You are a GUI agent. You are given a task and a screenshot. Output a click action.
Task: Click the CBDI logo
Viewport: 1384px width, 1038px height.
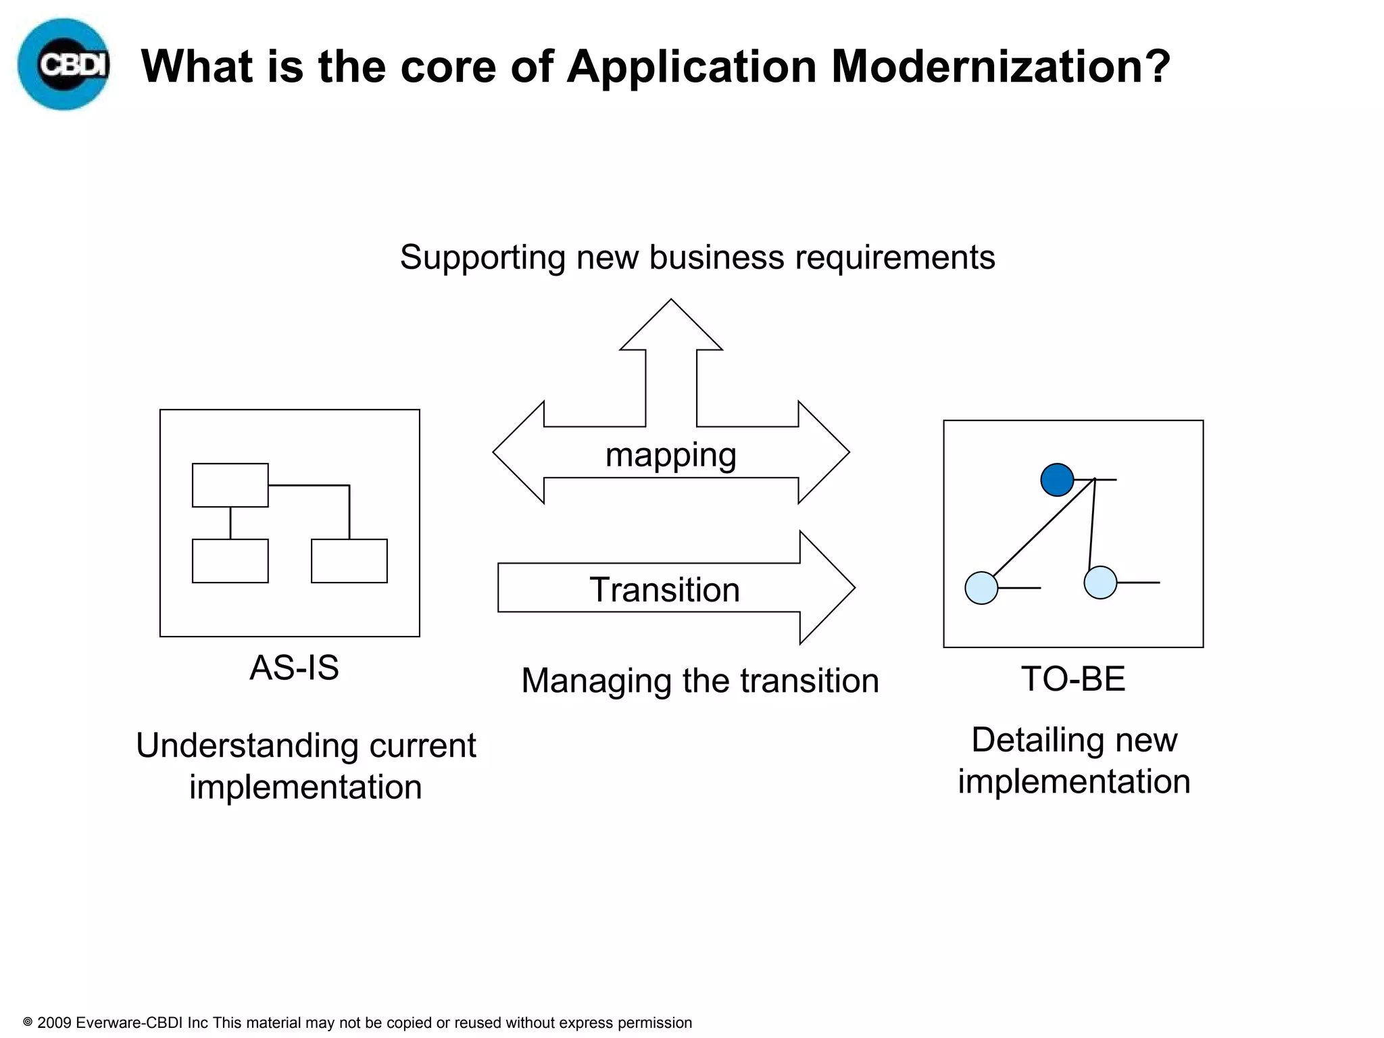tap(64, 65)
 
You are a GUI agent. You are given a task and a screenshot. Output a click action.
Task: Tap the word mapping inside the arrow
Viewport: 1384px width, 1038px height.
tap(670, 454)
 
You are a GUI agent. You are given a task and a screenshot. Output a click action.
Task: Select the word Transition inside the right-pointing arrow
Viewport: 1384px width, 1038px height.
tap(664, 589)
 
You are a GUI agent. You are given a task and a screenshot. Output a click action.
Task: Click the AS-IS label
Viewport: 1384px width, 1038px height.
tap(294, 668)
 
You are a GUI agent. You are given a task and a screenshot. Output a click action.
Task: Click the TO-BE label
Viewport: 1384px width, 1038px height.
tap(1073, 678)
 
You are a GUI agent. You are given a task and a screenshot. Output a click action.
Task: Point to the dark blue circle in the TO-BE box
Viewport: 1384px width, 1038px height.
tap(1057, 480)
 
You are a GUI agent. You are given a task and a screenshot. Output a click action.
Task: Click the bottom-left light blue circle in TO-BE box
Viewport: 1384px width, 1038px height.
tap(981, 588)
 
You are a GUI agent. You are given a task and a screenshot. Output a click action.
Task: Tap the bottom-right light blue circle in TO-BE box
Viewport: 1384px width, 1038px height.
tap(1100, 583)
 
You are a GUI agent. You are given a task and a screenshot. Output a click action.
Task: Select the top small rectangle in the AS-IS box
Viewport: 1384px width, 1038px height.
tap(230, 485)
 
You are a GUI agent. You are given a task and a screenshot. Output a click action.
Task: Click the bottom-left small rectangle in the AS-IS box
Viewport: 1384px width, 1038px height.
tap(230, 561)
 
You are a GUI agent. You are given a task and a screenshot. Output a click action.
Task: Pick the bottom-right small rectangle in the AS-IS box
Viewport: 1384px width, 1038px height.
tap(349, 561)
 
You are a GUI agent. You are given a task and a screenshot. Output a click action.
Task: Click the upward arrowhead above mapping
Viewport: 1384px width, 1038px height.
tap(671, 328)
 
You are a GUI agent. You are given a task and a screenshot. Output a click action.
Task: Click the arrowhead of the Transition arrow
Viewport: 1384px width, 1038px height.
tap(826, 588)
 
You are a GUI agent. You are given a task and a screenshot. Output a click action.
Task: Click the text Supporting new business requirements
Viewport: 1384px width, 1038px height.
tap(697, 257)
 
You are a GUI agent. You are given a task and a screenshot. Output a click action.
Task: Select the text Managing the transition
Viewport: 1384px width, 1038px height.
tap(700, 681)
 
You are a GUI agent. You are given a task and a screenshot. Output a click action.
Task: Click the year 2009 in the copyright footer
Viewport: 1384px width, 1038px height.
tap(54, 1022)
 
